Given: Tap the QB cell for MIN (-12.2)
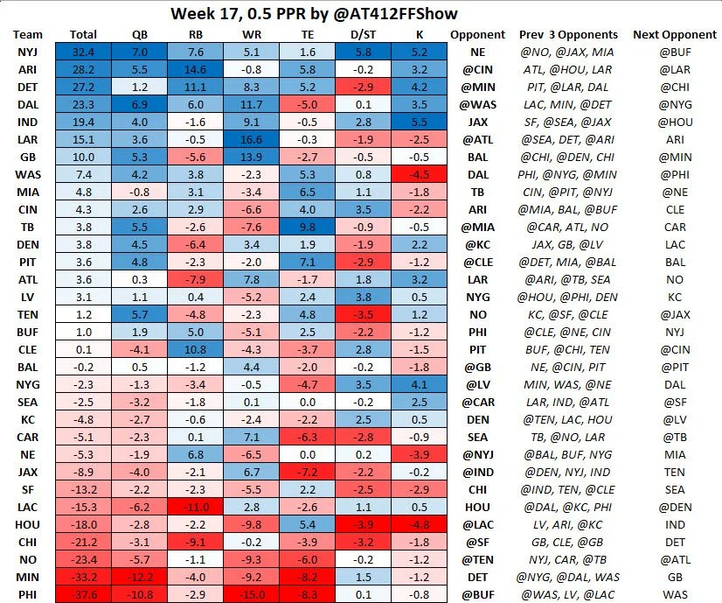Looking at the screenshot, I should tap(139, 577).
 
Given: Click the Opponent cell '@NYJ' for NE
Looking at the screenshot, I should tap(477, 454).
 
